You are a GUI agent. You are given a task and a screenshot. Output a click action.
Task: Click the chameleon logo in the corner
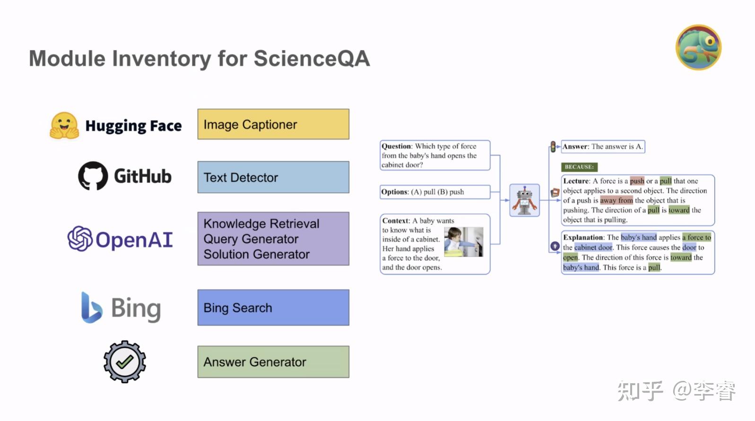click(698, 48)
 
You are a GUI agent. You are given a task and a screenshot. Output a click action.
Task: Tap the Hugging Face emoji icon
click(64, 126)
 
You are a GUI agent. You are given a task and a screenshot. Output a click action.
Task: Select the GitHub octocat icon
click(93, 176)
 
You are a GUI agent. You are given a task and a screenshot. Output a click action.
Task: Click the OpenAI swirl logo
click(80, 239)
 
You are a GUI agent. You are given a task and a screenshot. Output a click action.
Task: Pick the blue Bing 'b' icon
click(91, 308)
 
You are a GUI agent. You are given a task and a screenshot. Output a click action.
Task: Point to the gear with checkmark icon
click(125, 362)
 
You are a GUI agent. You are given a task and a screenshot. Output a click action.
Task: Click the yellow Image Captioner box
click(273, 124)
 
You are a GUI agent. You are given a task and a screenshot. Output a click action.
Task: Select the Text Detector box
click(273, 177)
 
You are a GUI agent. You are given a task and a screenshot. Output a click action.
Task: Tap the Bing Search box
click(273, 308)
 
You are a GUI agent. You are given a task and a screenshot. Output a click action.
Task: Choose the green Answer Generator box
click(273, 362)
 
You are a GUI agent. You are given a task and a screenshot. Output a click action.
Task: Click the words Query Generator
click(251, 239)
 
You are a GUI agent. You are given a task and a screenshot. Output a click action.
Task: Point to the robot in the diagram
click(524, 200)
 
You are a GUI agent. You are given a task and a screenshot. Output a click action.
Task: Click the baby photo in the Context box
click(464, 242)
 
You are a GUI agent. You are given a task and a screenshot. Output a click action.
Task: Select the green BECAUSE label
click(579, 167)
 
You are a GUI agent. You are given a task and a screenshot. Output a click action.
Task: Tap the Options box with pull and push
click(435, 192)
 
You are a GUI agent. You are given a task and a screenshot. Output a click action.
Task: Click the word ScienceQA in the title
click(312, 59)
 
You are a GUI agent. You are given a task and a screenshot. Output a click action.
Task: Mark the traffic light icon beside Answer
click(553, 146)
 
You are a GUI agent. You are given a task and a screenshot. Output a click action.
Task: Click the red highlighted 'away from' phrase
click(616, 200)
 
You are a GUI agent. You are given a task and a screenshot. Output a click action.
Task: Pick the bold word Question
click(396, 146)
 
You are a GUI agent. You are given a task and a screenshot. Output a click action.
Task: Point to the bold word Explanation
click(583, 238)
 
